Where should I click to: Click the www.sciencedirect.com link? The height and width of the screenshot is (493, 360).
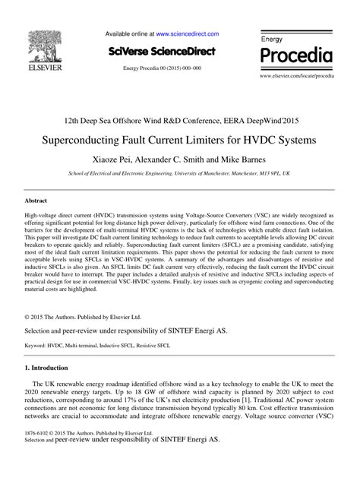click(187, 34)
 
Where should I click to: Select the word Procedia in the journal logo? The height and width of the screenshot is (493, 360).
click(297, 55)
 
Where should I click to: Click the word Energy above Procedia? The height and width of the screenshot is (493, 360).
click(272, 38)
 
